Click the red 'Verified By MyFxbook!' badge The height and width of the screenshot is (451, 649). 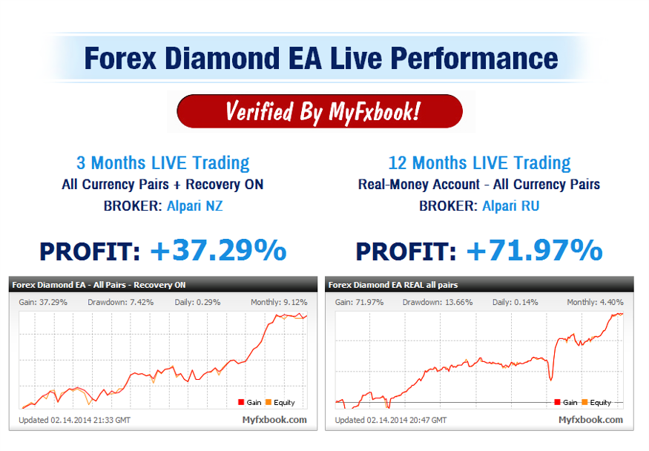pos(320,111)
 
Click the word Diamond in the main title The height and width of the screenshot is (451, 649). pos(223,59)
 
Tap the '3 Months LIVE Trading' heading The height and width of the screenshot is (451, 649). pos(162,162)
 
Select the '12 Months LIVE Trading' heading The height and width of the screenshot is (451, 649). pos(479,162)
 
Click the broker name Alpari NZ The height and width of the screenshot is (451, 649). pos(194,205)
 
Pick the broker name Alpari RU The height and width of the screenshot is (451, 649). pos(511,205)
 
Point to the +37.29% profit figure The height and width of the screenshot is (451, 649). pos(219,250)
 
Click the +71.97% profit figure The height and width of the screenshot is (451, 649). pos(534,250)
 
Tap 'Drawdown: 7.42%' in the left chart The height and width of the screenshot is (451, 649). pos(120,302)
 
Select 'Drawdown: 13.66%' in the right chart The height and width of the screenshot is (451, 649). pos(438,302)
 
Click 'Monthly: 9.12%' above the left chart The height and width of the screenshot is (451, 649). pos(279,302)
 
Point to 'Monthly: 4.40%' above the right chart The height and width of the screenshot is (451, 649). pos(595,302)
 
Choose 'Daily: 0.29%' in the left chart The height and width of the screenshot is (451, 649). pos(197,302)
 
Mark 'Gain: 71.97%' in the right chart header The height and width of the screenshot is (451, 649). pos(359,302)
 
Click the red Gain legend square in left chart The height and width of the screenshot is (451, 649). pos(241,402)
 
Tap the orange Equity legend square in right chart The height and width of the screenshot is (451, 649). pos(584,402)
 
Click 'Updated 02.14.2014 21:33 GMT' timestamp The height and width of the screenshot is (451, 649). pos(74,420)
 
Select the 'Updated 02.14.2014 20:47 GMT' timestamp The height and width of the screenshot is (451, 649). pos(391,420)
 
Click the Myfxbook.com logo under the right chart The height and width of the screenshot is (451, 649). pos(590,420)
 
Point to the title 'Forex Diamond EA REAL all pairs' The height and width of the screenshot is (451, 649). pos(393,285)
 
